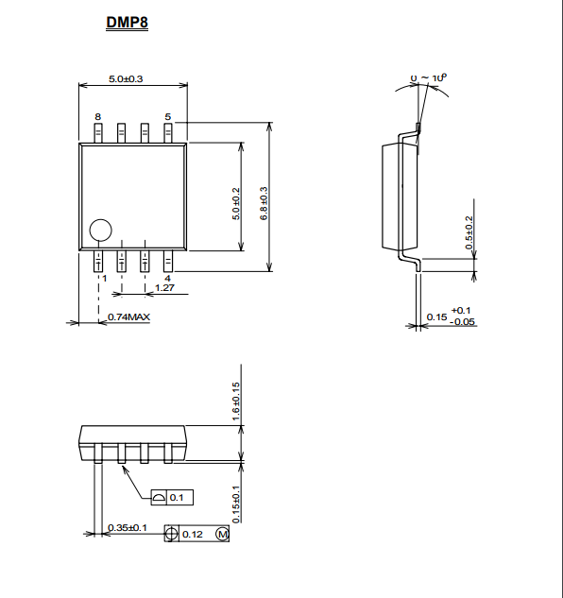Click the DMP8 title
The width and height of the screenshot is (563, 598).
(127, 22)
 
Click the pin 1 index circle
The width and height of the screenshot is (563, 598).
(101, 219)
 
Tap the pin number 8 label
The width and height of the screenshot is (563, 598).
(98, 117)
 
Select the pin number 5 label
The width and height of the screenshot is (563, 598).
(168, 117)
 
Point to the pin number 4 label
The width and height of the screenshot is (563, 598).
(167, 279)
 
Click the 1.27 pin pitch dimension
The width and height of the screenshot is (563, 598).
(164, 287)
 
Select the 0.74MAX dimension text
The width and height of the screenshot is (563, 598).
(128, 316)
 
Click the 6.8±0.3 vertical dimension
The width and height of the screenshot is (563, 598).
(264, 203)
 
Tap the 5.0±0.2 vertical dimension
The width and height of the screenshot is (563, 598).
(236, 204)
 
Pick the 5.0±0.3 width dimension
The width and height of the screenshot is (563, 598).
(126, 79)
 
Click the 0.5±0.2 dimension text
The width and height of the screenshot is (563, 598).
(469, 232)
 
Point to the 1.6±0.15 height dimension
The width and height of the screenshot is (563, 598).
(236, 402)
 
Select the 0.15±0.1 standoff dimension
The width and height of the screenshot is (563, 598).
(236, 504)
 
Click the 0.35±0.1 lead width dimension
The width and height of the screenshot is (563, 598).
(128, 528)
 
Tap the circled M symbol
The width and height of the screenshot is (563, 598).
(222, 534)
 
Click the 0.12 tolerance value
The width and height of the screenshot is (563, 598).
(193, 535)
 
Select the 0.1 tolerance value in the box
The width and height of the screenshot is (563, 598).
(177, 498)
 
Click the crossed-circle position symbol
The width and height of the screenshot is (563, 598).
(171, 534)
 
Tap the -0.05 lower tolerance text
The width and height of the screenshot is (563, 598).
(463, 322)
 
